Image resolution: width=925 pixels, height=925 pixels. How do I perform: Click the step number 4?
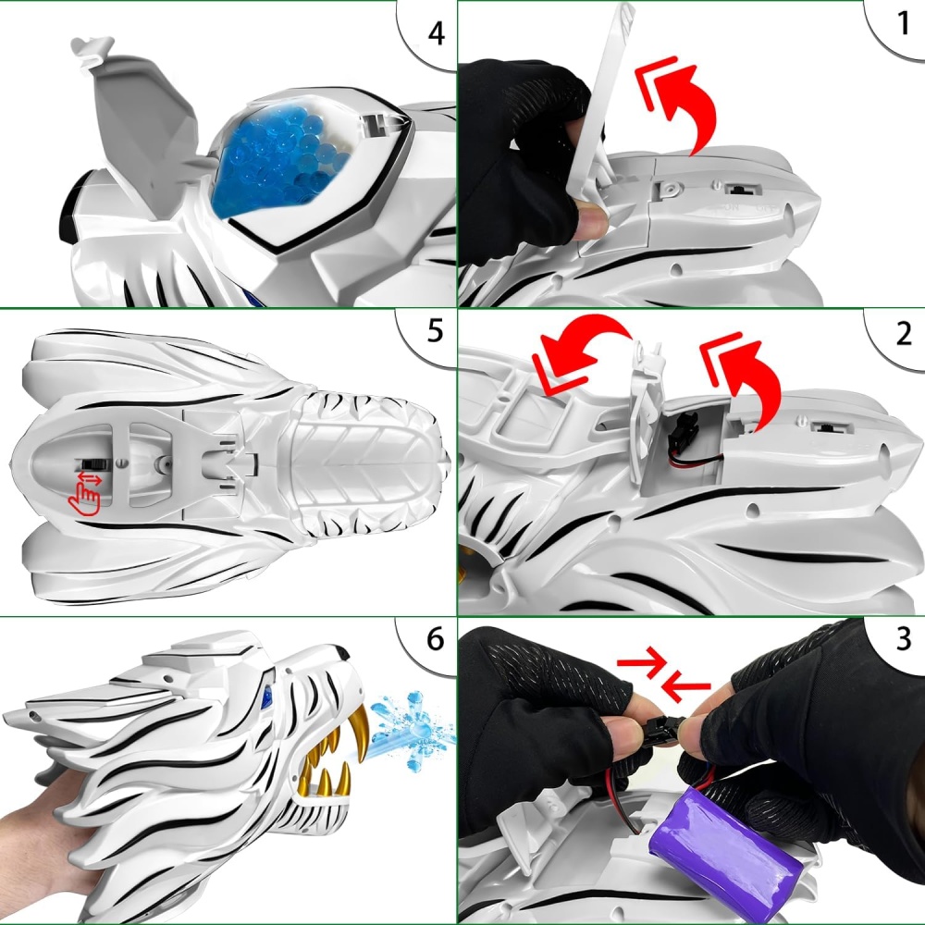tap(436, 33)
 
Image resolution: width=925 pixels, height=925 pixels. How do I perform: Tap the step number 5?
tap(435, 331)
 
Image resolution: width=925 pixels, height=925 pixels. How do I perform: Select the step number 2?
tap(904, 335)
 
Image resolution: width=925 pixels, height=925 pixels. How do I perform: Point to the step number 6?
tap(435, 639)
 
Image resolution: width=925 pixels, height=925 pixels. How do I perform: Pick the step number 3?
tap(904, 639)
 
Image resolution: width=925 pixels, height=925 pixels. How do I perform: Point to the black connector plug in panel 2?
tap(686, 423)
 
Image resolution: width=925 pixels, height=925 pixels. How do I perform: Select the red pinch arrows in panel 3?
tap(663, 673)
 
